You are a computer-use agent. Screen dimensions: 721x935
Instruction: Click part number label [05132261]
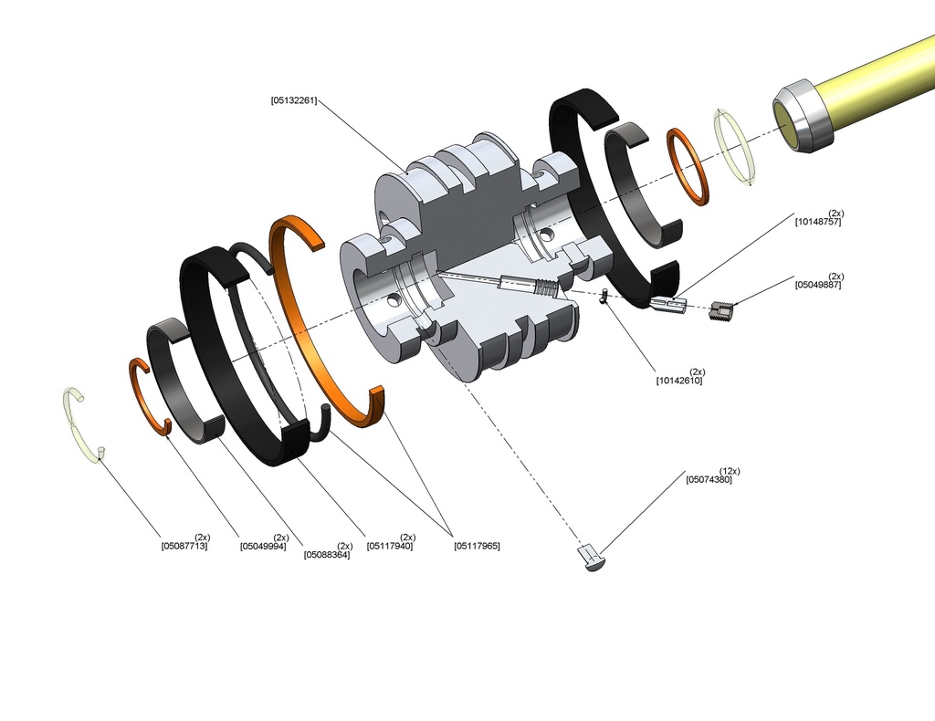point(293,99)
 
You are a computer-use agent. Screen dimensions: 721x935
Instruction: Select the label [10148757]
point(818,222)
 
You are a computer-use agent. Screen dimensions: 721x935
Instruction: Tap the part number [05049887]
point(818,285)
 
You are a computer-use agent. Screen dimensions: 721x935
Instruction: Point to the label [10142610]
point(679,381)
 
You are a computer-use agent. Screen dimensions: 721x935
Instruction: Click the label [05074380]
point(709,479)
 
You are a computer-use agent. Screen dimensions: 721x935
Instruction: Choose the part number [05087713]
point(184,546)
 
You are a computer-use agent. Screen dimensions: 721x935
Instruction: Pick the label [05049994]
point(263,546)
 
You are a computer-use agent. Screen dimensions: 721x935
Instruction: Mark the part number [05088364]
point(326,554)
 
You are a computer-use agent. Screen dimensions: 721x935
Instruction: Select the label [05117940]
point(390,546)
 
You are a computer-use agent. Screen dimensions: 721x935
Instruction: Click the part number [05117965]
point(477,546)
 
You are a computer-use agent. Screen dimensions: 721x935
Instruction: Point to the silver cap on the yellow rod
point(803,114)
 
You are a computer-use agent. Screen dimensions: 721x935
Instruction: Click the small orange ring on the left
point(148,397)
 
